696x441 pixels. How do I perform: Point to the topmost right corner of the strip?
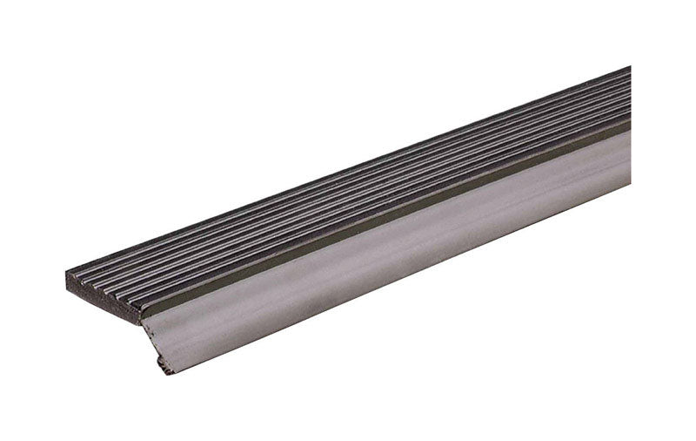[629, 67]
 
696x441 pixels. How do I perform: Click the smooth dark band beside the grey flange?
[391, 212]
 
